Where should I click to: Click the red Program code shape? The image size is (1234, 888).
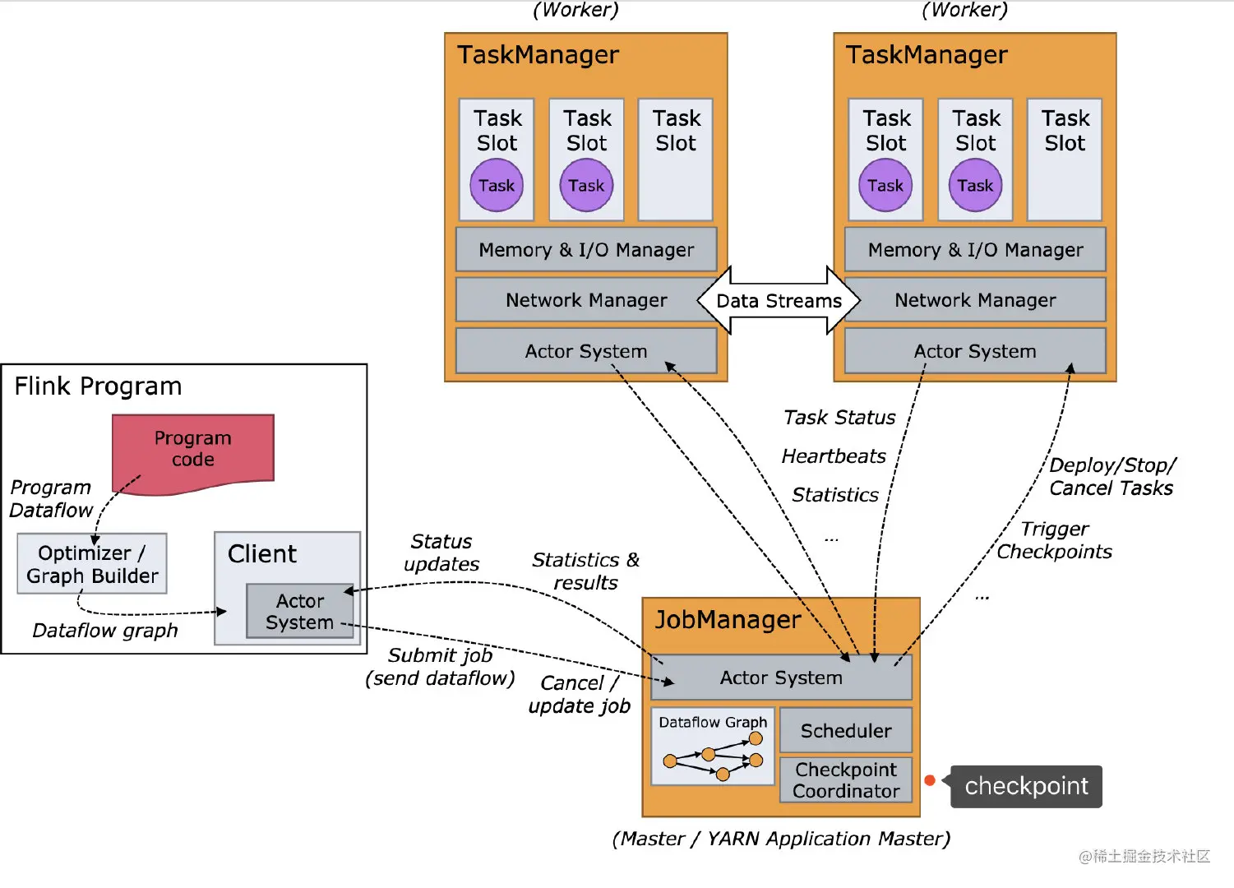click(193, 451)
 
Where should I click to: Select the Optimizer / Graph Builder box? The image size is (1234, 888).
click(92, 564)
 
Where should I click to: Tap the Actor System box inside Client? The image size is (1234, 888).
click(299, 612)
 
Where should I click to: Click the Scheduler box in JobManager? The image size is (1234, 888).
click(846, 731)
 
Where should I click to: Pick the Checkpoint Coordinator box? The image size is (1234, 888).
click(846, 780)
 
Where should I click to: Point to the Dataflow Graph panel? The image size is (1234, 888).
click(713, 747)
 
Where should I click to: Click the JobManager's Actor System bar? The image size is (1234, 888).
click(781, 678)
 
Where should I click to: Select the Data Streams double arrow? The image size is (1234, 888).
click(779, 301)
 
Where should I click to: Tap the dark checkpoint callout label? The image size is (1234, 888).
click(1026, 787)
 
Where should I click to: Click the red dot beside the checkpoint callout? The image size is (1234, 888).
click(930, 780)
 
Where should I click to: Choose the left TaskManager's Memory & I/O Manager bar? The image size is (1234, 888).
click(586, 250)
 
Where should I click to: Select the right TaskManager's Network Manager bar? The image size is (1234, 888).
click(975, 301)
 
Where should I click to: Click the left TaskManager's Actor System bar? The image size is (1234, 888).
click(586, 352)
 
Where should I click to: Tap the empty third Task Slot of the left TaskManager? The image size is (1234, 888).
click(676, 160)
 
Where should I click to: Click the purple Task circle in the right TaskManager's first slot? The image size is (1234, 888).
click(885, 186)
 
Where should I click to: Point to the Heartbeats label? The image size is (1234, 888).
click(834, 456)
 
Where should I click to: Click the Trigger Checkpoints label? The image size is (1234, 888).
click(1055, 540)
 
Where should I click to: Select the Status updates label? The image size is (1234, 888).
click(441, 553)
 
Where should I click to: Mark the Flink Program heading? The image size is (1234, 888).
click(98, 386)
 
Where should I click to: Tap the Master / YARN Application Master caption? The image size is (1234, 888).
click(781, 839)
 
